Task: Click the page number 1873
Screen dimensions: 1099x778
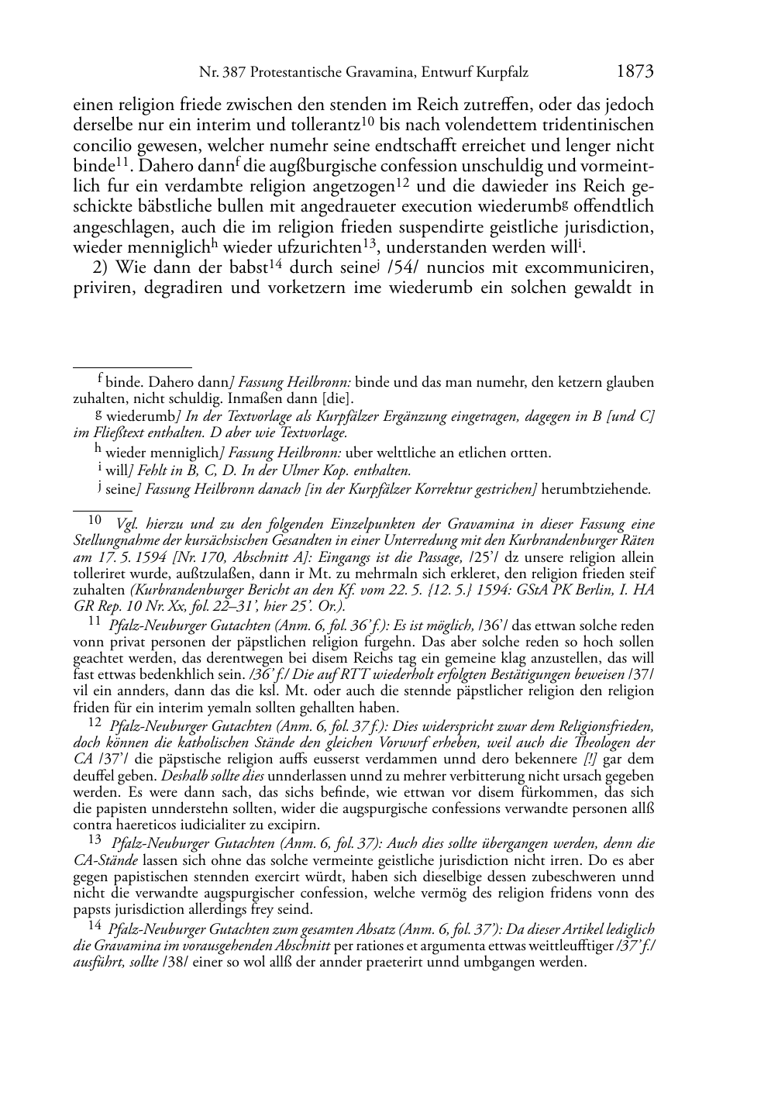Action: click(635, 72)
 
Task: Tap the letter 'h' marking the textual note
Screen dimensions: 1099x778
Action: click(98, 449)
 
